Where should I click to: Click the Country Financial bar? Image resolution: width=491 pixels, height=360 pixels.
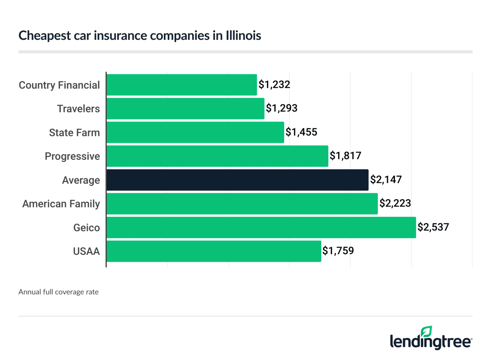pos(182,85)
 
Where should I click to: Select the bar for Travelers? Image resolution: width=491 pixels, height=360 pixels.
pos(185,109)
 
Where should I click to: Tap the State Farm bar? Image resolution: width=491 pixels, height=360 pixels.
pos(195,132)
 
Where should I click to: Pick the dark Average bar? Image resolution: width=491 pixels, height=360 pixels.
pos(237,180)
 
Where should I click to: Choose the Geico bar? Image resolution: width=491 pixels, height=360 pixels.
pos(261,227)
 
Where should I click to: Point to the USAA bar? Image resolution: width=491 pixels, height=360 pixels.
pos(214,251)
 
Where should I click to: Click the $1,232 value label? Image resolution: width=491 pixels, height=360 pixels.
pos(274,85)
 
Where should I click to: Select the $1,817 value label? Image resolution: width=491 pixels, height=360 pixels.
pos(346,156)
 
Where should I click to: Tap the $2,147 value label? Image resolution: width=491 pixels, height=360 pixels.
pos(386,180)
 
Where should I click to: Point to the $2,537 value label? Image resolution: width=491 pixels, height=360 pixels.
pos(433,227)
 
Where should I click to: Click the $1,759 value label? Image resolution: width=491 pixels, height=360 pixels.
pos(338,251)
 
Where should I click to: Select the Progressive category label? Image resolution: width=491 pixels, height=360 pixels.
pos(72,156)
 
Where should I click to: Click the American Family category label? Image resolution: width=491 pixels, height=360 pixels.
pos(61,204)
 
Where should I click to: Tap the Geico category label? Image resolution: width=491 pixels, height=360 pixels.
pos(87,228)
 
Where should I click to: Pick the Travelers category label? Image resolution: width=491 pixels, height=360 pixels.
pos(78,109)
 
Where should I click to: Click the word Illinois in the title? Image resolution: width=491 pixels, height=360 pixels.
pos(243,35)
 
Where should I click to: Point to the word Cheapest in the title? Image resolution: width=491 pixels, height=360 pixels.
pos(45,35)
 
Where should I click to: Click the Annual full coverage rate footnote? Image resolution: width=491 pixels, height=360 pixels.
pos(58,292)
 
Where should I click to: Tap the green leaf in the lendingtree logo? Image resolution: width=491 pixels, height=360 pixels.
pos(426,331)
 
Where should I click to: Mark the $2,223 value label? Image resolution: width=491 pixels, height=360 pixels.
pos(395,203)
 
